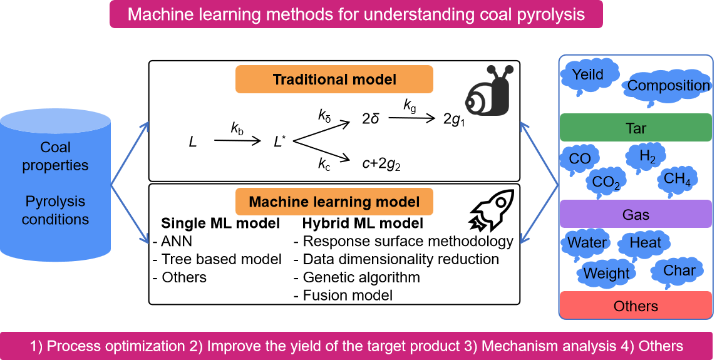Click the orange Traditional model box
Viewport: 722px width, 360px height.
coord(334,80)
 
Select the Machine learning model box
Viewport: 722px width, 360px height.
coord(334,202)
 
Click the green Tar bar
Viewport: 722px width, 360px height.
coord(636,128)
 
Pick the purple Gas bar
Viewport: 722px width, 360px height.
coord(636,214)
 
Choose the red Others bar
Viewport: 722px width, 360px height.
coord(636,306)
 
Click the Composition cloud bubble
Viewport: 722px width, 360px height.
coord(668,86)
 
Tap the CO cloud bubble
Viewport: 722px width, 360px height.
coord(580,158)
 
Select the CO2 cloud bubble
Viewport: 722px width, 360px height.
coord(606,182)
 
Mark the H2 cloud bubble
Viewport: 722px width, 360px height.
coord(647,155)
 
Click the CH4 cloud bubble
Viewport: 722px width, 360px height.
coord(677,179)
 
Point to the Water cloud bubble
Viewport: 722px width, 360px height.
coord(587,242)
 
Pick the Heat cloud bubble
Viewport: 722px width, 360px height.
coord(645,242)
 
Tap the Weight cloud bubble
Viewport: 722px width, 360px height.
coord(606,273)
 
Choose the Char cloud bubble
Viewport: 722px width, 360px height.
coord(679,271)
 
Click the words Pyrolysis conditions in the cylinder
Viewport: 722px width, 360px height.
coord(55,210)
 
